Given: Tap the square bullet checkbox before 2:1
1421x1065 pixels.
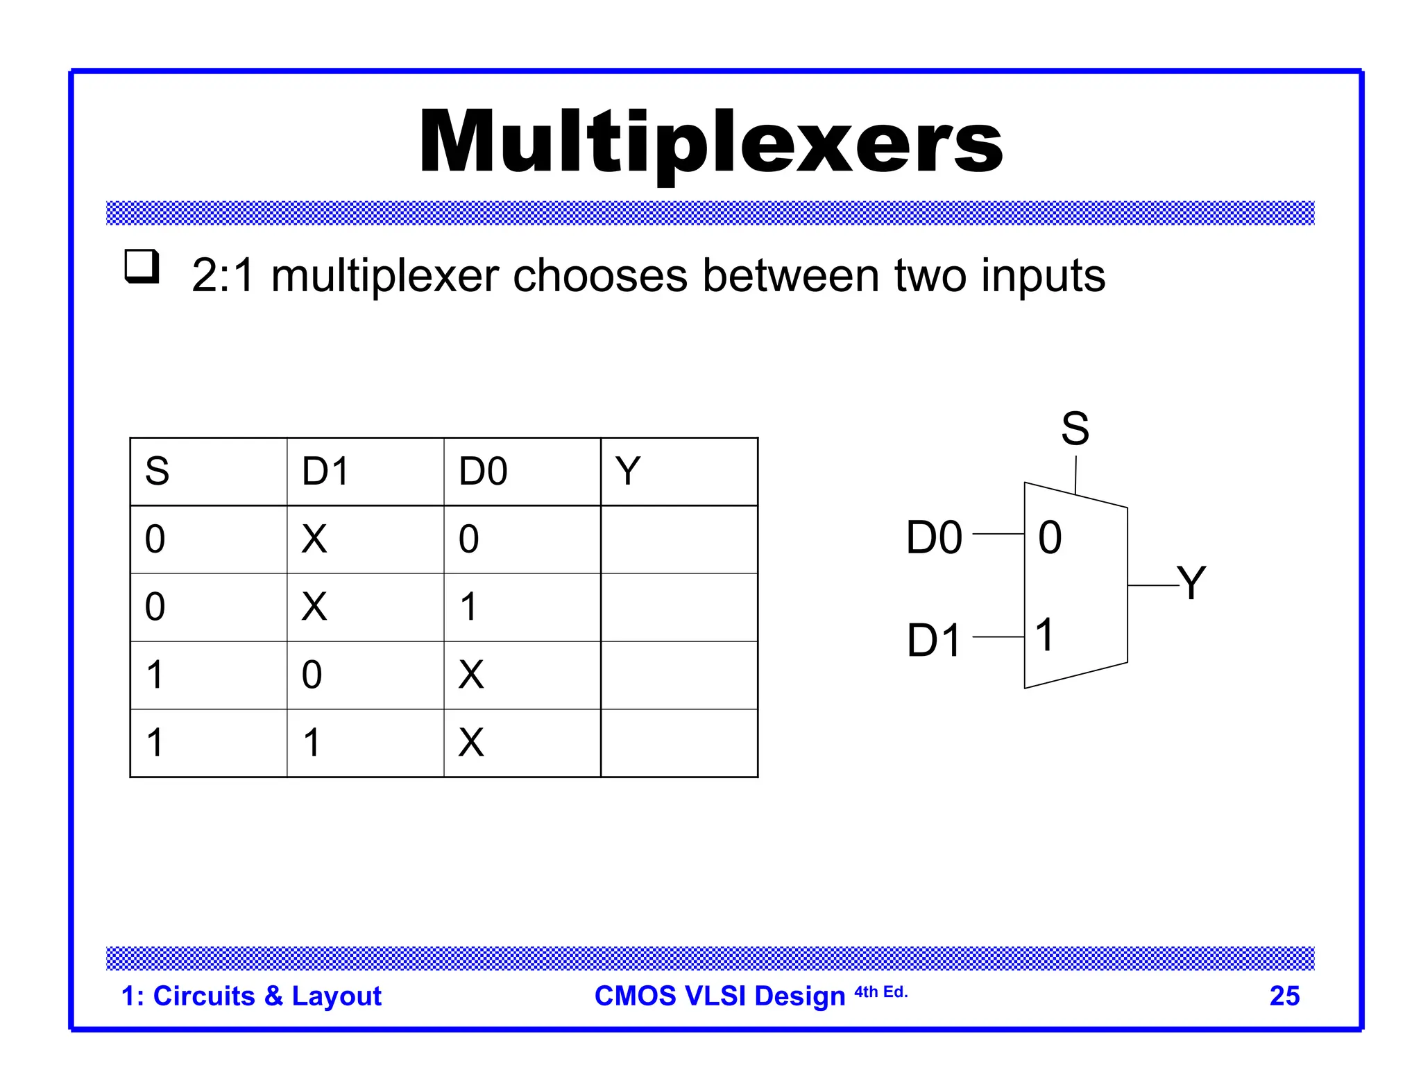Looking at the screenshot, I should (142, 266).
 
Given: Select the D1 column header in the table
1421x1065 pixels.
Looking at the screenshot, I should (325, 471).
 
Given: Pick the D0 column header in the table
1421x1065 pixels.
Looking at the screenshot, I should (483, 471).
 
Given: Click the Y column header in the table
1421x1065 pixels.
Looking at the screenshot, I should (628, 471).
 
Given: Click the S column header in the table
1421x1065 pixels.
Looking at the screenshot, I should (157, 471).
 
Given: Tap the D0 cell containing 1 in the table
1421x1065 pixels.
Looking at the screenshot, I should (469, 607).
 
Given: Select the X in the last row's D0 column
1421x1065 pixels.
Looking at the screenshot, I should (471, 743).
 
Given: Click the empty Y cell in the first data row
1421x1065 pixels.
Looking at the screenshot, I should (679, 539).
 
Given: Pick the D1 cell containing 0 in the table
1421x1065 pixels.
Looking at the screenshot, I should (312, 675).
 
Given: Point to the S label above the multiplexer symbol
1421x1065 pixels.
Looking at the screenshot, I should (1075, 428).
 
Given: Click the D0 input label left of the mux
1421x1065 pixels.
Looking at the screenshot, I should (934, 537).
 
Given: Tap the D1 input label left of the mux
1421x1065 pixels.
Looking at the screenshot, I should (934, 640).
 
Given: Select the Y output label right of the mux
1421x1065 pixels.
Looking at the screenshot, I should (1191, 582).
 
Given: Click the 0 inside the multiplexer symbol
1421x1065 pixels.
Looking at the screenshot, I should (1050, 537).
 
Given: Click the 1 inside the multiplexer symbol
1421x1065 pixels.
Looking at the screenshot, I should (1045, 634).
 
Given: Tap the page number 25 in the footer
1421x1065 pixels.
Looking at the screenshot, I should (1284, 996).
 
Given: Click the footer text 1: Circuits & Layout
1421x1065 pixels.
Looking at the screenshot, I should (251, 996).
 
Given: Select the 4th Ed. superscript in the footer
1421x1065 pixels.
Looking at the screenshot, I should (880, 992).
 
